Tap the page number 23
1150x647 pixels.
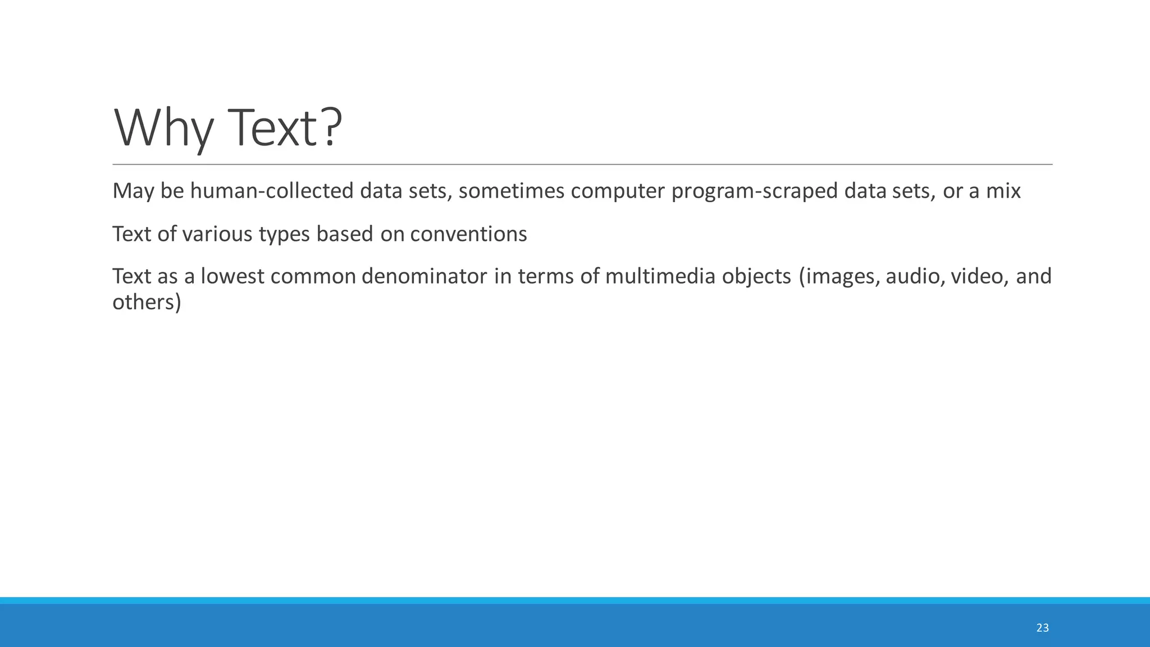1042,628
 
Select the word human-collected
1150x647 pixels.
272,191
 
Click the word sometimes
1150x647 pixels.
511,191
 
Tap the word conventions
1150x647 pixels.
468,234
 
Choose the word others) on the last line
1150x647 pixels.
147,302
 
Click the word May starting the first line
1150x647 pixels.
133,191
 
